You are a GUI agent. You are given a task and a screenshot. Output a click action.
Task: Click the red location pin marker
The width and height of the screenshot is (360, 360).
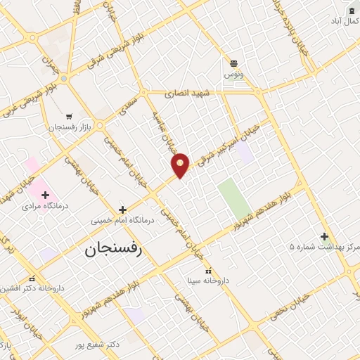coord(181,165)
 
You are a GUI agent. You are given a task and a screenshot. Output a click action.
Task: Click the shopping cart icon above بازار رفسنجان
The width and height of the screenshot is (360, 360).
coord(68,116)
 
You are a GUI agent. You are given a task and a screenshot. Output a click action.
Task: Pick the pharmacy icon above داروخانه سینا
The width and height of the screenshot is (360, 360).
coord(207,271)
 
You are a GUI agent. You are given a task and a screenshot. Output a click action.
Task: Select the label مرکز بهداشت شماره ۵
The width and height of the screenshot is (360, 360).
coord(323,247)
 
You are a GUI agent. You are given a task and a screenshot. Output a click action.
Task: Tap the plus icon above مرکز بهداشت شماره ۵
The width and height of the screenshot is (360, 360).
coord(324,236)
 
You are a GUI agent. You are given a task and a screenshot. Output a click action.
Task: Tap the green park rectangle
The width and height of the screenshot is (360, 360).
coord(233,198)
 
